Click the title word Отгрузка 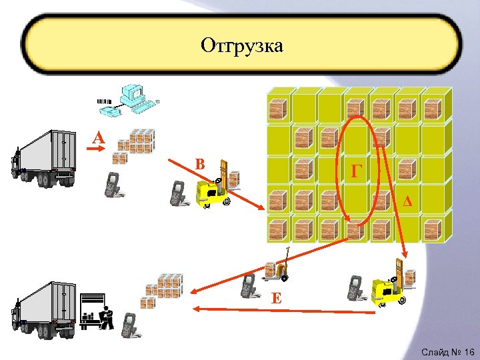click(241, 45)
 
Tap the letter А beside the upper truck click(99, 138)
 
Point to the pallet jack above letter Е click(277, 267)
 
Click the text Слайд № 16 click(447, 351)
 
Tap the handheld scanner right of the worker click(129, 324)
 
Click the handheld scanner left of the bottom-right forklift click(354, 287)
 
